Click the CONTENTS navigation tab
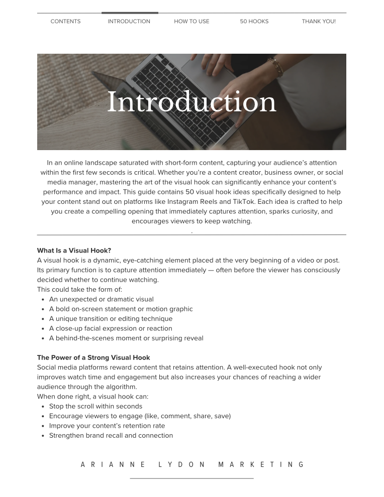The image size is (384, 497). point(65,22)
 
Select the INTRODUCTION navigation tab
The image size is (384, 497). point(129,22)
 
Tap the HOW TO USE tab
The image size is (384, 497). point(191,22)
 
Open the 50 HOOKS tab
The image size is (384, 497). point(254,22)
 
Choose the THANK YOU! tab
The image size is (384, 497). point(319,22)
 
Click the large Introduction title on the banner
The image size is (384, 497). point(191,102)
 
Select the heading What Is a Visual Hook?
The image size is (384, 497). point(74,251)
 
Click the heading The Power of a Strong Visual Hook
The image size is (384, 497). point(93,358)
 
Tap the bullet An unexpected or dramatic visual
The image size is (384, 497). point(102,299)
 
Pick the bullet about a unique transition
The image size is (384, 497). point(111,319)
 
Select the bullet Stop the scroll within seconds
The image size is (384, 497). point(95,407)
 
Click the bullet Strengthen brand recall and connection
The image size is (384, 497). point(111,436)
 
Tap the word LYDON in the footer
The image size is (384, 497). point(182,465)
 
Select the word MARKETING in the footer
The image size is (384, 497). point(261,465)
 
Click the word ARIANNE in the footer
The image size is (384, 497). point(113,465)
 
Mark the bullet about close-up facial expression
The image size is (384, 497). point(111,329)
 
